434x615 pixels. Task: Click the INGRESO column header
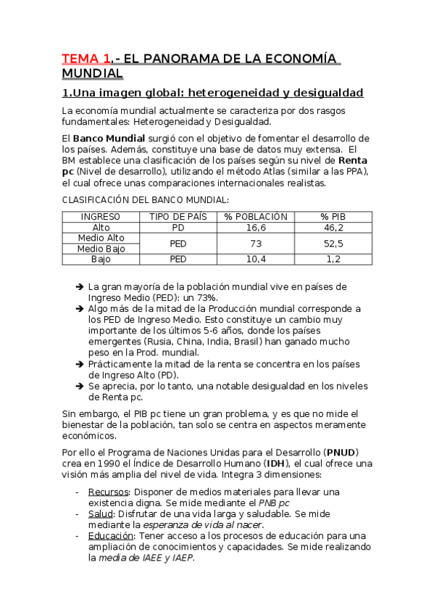(101, 217)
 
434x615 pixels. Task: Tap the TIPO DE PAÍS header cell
(178, 217)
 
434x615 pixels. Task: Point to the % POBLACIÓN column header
(256, 217)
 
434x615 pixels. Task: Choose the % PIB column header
(334, 217)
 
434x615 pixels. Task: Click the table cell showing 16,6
(256, 227)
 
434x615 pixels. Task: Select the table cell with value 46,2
(334, 227)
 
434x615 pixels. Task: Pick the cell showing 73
(256, 243)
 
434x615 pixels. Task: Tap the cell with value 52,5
(334, 243)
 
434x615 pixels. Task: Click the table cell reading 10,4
(256, 259)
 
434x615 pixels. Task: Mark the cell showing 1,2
(334, 259)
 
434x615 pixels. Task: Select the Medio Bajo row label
(101, 248)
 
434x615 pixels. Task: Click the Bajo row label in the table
(101, 259)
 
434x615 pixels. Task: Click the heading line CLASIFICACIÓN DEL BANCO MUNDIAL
(145, 199)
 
